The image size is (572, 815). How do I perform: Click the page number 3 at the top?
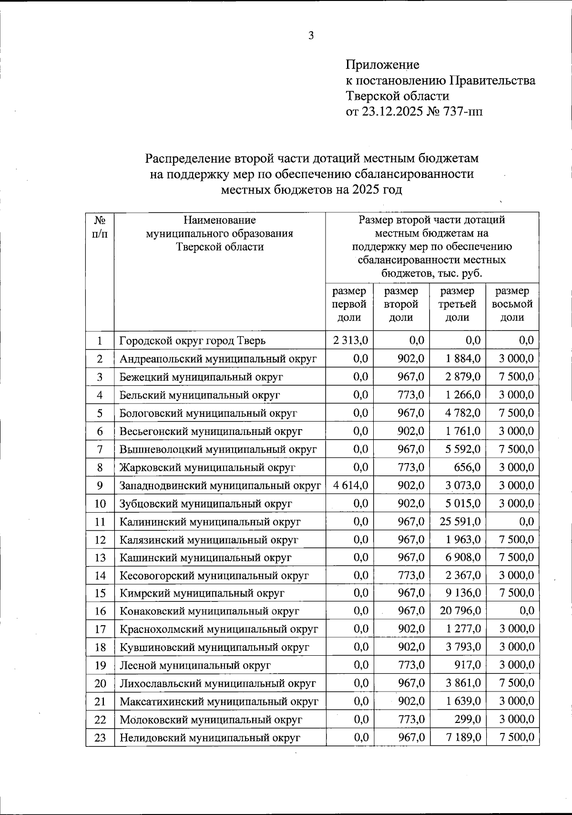tap(311, 36)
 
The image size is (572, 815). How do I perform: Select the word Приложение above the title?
tap(382, 64)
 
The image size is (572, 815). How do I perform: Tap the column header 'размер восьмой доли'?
tap(512, 304)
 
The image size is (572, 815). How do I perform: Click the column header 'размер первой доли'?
tap(349, 304)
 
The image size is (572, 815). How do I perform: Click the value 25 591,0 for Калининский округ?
tap(460, 522)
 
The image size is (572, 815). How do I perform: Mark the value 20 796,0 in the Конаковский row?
tap(460, 611)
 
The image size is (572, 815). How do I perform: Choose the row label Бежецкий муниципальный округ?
tap(201, 377)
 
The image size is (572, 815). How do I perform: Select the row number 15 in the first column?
tap(100, 593)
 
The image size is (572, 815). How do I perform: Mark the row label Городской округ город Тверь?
tap(193, 341)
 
